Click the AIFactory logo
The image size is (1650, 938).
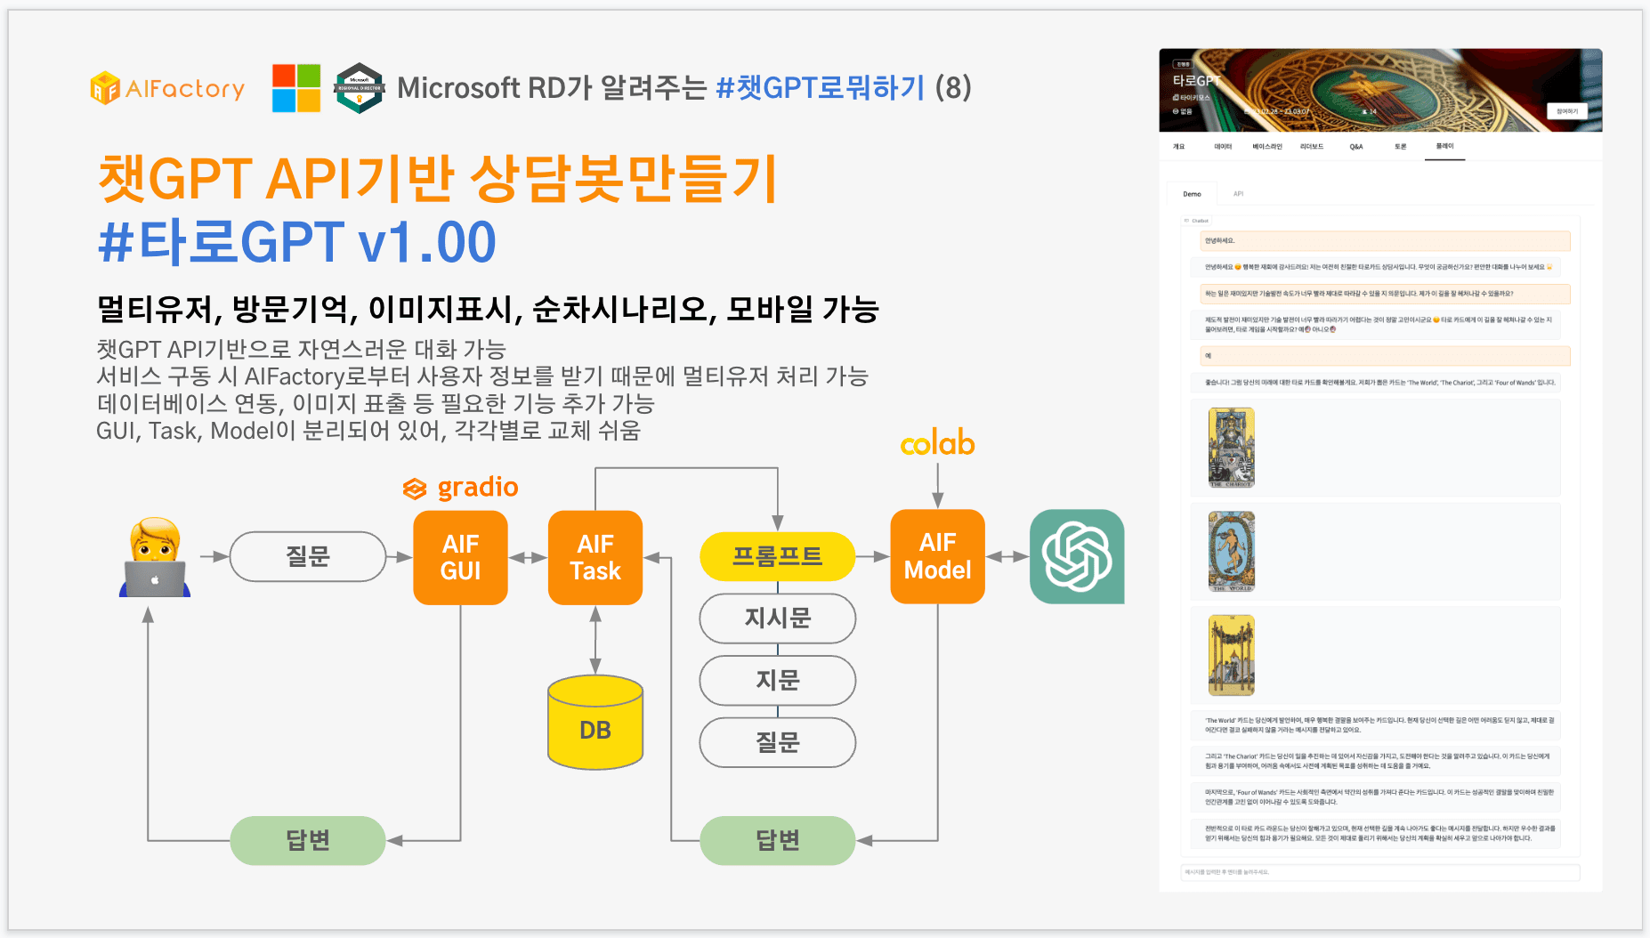click(167, 88)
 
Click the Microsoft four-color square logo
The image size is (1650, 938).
click(296, 88)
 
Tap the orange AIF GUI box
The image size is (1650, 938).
click(460, 557)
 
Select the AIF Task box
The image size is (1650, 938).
click(595, 557)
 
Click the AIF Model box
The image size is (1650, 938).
click(937, 556)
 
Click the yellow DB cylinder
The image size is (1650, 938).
click(595, 722)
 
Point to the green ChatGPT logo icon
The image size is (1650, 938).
click(1077, 556)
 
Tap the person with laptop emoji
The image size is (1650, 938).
click(155, 558)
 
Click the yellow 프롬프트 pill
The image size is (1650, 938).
click(777, 556)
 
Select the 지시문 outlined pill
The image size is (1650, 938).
click(777, 619)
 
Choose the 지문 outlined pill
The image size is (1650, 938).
click(777, 681)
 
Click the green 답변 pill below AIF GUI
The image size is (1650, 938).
click(308, 840)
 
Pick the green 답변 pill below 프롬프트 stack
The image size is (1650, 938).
click(777, 840)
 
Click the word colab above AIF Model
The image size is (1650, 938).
click(937, 443)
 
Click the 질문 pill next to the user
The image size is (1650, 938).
click(308, 556)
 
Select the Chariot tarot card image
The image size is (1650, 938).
click(1232, 448)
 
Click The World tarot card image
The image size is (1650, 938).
click(1232, 552)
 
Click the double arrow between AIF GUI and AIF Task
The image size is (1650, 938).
click(528, 557)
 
